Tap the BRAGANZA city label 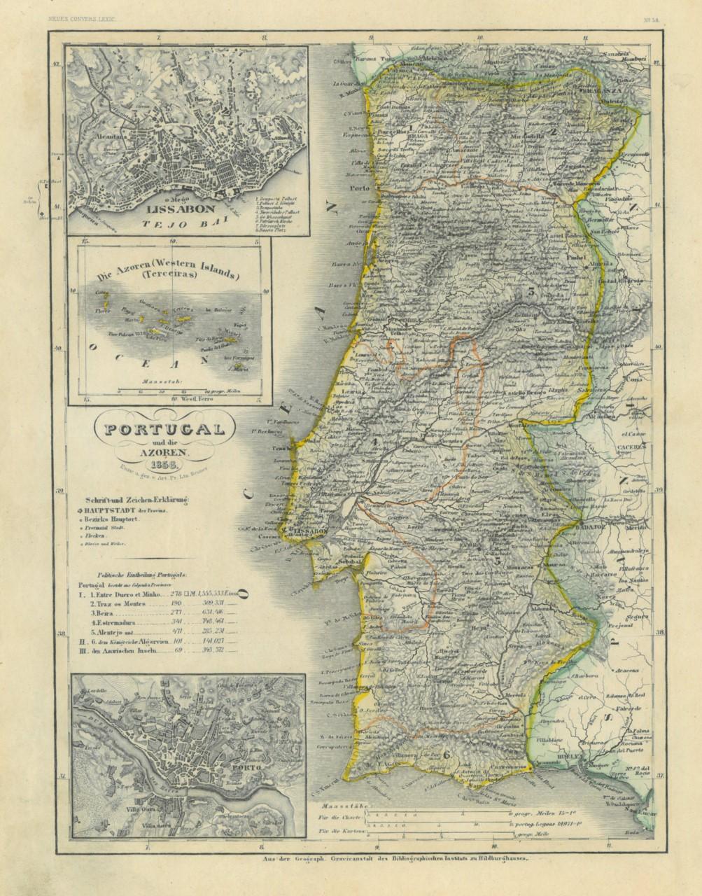(x=598, y=90)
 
